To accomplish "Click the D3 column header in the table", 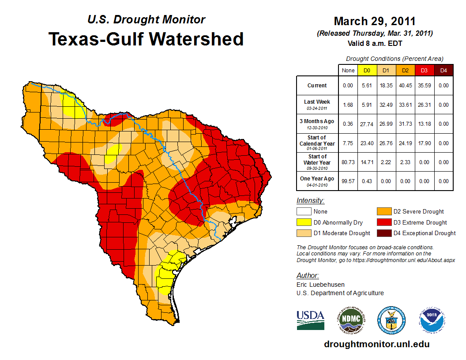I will click(x=424, y=70).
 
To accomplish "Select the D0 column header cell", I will click(x=367, y=70).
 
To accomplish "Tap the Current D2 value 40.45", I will click(x=405, y=86).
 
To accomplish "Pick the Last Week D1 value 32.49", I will click(x=386, y=105).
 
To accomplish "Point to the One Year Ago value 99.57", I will click(x=348, y=181).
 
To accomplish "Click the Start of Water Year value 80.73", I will click(x=348, y=162).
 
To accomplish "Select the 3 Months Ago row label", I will click(x=317, y=124).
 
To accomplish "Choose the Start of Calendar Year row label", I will click(x=317, y=142).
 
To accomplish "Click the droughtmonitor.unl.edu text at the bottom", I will click(x=376, y=344).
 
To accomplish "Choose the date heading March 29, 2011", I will click(x=375, y=21).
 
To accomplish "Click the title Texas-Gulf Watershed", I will click(x=146, y=39).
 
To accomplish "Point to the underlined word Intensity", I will click(x=310, y=201).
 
